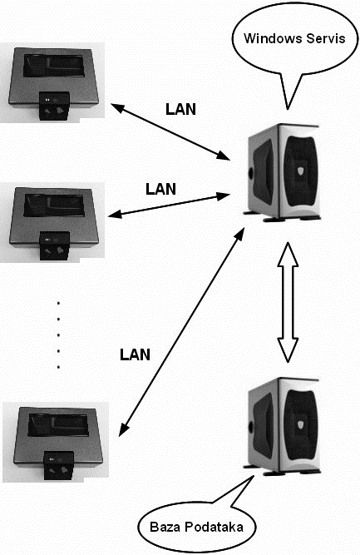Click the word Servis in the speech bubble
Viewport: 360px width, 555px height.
click(x=326, y=38)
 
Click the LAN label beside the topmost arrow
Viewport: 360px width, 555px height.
click(x=180, y=109)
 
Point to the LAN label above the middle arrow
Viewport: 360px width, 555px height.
click(x=161, y=189)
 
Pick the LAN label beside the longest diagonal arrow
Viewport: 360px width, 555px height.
click(x=135, y=354)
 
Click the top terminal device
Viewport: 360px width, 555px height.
click(x=53, y=83)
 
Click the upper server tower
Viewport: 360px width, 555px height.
click(x=282, y=172)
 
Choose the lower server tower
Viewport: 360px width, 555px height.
click(x=282, y=426)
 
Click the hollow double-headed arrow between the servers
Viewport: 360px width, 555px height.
click(x=288, y=302)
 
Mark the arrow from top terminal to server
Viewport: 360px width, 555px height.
click(x=170, y=131)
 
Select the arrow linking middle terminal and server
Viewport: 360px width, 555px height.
click(x=169, y=205)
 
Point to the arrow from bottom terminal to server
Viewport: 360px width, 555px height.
click(x=182, y=332)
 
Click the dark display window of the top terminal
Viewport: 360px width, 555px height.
click(x=54, y=66)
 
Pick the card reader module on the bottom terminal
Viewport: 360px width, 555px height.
click(x=58, y=465)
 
